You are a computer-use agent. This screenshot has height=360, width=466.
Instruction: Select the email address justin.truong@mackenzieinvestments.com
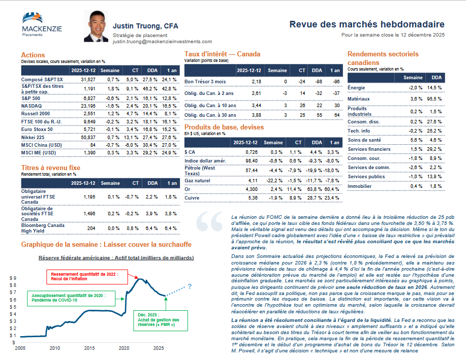coord(162,42)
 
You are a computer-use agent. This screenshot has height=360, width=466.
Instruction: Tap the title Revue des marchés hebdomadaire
coord(367,24)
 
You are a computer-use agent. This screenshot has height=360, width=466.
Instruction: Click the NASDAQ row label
coord(32,106)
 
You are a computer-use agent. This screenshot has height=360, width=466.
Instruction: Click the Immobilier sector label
coord(360,186)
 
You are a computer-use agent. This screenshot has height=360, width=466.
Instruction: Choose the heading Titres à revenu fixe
coord(50,168)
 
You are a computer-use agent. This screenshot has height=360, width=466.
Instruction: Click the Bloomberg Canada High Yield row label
coord(43,228)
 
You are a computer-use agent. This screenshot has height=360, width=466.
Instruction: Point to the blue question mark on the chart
coord(189,287)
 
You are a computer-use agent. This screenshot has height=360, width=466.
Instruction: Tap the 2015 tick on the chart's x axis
coord(89,348)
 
